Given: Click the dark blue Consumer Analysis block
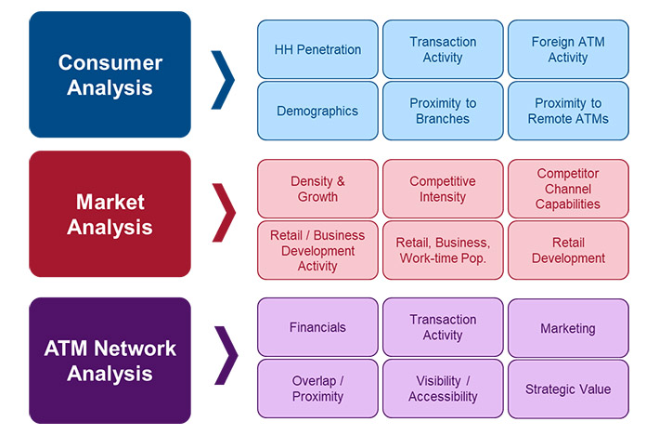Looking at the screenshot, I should (110, 75).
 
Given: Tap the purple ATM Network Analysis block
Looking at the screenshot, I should (110, 361).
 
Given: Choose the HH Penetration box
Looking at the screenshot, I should (317, 49).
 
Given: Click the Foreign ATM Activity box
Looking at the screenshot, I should (567, 49).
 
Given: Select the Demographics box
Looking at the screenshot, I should (317, 111).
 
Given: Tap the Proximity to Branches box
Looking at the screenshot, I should (443, 111).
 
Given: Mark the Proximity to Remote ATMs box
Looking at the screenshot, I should (567, 111).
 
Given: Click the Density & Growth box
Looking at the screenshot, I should (317, 189).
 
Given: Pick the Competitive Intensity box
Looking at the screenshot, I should (443, 189).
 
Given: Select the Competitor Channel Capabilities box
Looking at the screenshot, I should (567, 189).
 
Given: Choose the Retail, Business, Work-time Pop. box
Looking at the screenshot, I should (443, 250).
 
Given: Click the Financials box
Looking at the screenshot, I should (317, 327).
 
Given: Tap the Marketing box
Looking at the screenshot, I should (567, 328).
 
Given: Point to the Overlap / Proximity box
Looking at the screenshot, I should (317, 389).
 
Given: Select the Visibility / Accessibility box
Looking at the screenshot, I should (443, 389).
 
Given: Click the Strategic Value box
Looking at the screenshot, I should (567, 389).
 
